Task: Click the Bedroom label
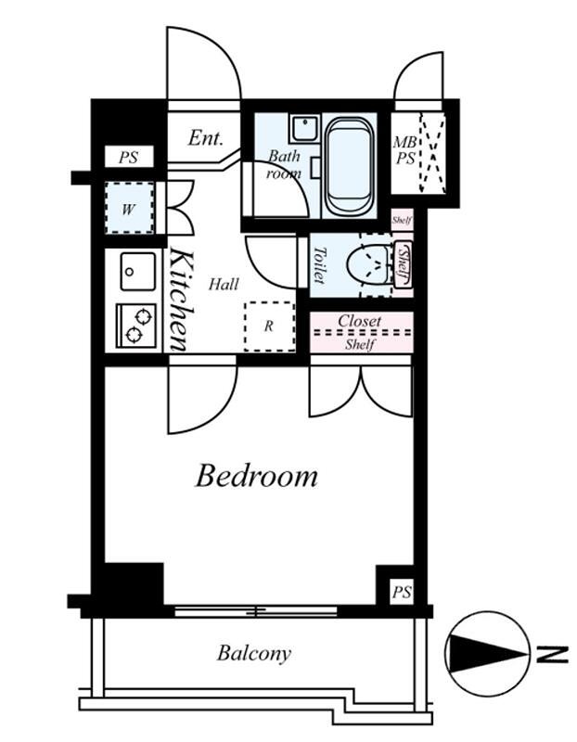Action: coord(256,476)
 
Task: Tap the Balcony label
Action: coord(253,654)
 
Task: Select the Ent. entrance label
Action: coord(205,138)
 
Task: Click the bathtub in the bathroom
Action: coord(350,166)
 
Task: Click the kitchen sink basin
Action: coord(137,271)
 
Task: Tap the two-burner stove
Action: coord(136,326)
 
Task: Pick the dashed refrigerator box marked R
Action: coord(269,326)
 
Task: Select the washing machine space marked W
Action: coord(130,208)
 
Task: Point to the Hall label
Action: coord(224,285)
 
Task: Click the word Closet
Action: coord(359,320)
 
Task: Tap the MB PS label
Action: coord(405,150)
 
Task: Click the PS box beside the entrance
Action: coord(129,157)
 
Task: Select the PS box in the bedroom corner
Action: coord(402,592)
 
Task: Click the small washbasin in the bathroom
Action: coord(304,128)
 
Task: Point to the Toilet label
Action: coord(320,265)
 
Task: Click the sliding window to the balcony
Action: coord(256,611)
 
